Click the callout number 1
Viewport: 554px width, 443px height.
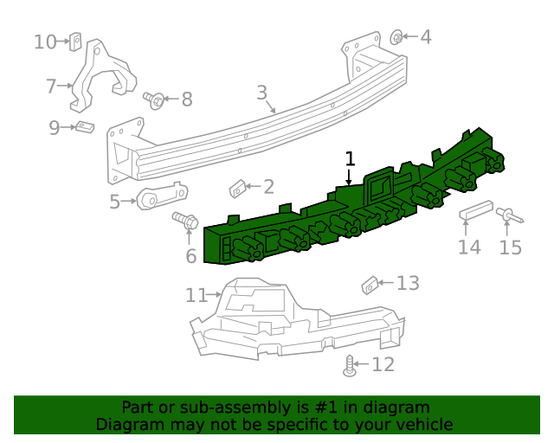click(350, 158)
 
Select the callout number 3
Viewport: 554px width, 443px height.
click(262, 93)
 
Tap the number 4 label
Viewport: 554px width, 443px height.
click(425, 37)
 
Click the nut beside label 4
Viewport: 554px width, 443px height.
click(396, 37)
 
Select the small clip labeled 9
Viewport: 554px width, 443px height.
click(85, 128)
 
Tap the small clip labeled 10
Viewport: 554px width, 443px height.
click(75, 41)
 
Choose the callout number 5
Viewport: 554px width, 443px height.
click(115, 202)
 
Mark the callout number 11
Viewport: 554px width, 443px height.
click(195, 296)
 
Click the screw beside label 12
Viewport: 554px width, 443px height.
click(350, 366)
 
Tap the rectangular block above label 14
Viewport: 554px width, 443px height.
click(476, 210)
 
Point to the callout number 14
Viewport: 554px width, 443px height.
click(468, 247)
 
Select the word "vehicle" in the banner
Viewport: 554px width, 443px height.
click(421, 424)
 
